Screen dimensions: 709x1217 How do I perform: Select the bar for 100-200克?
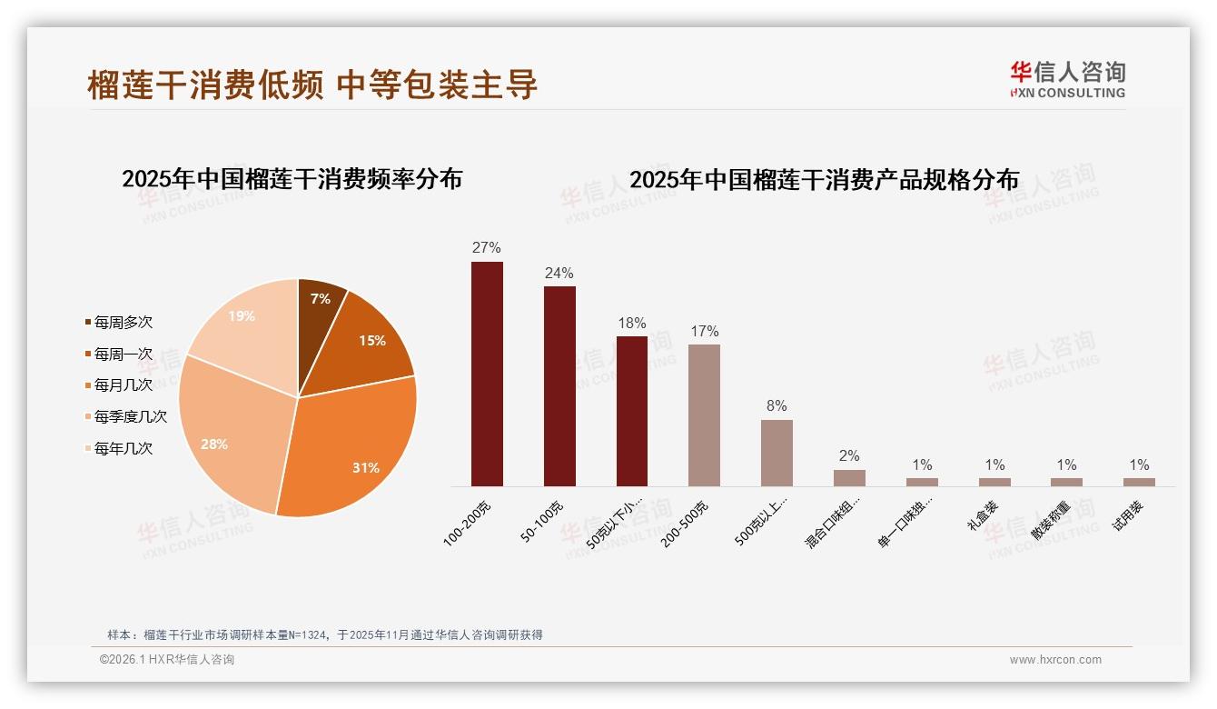tap(487, 374)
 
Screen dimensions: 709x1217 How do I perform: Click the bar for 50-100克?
tap(559, 386)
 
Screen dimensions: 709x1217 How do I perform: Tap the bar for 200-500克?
tap(704, 415)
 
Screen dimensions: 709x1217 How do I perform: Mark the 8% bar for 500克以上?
tap(777, 453)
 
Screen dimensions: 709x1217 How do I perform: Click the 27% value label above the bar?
tap(487, 248)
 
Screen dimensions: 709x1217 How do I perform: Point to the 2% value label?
tap(849, 456)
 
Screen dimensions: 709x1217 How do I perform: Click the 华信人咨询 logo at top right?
tap(1067, 79)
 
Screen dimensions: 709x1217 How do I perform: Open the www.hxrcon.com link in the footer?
tap(1055, 660)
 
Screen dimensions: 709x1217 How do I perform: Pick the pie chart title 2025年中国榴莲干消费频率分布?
tap(292, 179)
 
